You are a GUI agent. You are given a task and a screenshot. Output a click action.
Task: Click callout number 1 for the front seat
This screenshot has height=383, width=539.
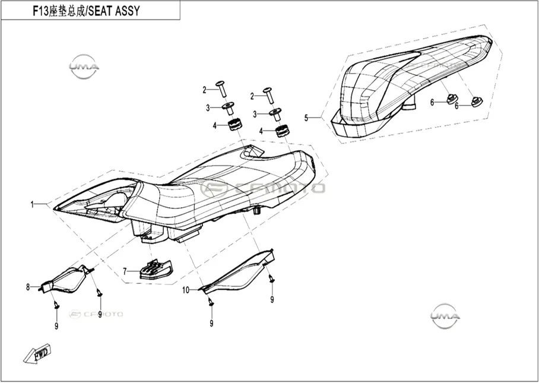click(32, 205)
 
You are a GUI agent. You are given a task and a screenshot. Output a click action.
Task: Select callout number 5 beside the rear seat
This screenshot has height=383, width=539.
click(306, 118)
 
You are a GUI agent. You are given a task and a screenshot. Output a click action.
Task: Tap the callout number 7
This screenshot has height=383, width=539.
click(125, 272)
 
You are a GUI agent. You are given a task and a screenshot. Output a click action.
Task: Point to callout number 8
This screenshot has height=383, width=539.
click(28, 287)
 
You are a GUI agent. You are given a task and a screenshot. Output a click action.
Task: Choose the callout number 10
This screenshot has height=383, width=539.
click(186, 290)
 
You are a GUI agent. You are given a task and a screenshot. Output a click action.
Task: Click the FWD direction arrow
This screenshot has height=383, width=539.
click(38, 354)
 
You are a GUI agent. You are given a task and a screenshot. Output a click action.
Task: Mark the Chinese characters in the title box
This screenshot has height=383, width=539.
click(68, 11)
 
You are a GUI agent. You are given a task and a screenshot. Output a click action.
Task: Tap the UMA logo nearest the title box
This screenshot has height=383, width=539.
click(84, 67)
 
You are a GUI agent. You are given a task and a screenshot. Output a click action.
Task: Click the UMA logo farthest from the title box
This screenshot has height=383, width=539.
click(445, 316)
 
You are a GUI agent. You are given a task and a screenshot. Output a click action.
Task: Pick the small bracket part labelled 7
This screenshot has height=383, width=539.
click(156, 269)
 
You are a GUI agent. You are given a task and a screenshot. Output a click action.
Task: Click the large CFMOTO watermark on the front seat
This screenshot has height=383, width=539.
click(262, 188)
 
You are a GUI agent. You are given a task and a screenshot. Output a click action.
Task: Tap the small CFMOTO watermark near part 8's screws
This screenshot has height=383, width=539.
click(96, 314)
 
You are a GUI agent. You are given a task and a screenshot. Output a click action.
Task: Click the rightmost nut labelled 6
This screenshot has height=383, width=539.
click(477, 102)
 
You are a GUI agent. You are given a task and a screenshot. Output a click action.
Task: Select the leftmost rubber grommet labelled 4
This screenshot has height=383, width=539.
click(234, 124)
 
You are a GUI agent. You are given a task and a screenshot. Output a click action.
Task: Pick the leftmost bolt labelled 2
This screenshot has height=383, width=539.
click(221, 88)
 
